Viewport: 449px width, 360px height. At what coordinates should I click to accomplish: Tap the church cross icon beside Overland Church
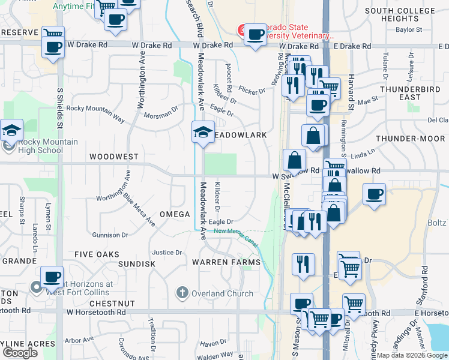(182, 293)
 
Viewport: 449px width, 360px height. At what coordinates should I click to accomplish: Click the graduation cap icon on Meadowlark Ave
(203, 132)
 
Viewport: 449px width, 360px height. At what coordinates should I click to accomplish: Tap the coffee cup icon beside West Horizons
(53, 277)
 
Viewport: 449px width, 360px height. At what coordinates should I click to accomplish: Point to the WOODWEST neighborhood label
(113, 156)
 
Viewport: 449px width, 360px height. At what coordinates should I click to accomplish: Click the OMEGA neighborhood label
(175, 214)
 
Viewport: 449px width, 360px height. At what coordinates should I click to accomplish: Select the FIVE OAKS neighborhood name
(97, 254)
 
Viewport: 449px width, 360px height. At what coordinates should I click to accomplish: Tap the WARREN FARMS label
(226, 262)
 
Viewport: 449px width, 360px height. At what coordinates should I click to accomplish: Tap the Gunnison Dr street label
(108, 235)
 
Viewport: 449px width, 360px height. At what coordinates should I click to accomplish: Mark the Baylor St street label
(409, 29)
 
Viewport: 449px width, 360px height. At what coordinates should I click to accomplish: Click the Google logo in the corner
(19, 353)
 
